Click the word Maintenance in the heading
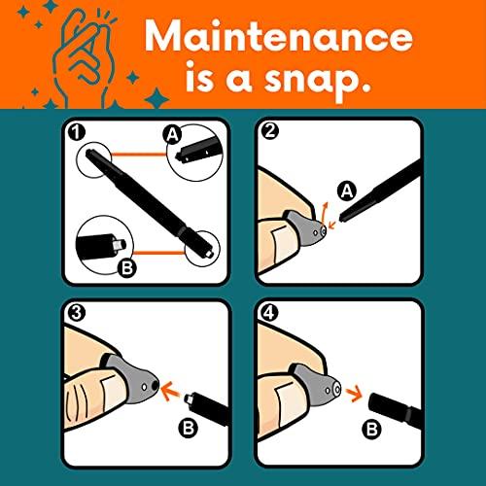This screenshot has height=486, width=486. coord(279,36)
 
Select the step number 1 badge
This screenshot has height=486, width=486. coord(77,132)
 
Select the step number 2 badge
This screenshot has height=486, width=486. coord(269,131)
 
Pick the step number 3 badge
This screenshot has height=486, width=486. coord(77,313)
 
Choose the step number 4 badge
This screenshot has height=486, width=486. coord(269,313)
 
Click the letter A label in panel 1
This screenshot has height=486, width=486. coord(173,135)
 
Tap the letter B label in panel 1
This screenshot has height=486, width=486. coord(127,268)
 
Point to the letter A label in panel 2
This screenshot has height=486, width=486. coord(347,191)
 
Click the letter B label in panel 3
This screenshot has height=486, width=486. coord(189,428)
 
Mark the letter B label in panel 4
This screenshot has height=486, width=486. coord(371,430)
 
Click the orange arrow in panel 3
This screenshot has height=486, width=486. coord(171,390)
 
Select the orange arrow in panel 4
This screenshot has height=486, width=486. coord(354,393)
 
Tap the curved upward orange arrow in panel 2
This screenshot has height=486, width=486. coord(324,212)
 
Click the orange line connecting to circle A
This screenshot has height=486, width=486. coord(138,155)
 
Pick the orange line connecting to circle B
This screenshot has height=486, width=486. coord(159,253)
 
